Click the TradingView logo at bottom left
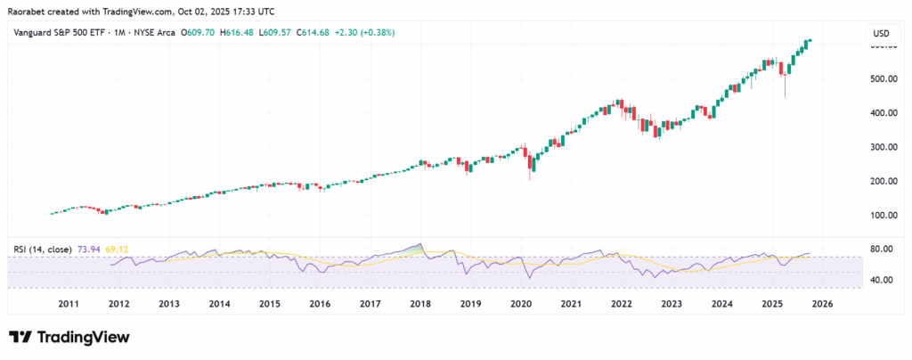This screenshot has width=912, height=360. (69, 338)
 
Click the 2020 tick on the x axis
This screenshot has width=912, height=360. (521, 304)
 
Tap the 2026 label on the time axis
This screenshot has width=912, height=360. (823, 304)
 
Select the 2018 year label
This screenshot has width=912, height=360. (420, 304)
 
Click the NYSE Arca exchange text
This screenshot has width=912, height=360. (152, 33)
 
